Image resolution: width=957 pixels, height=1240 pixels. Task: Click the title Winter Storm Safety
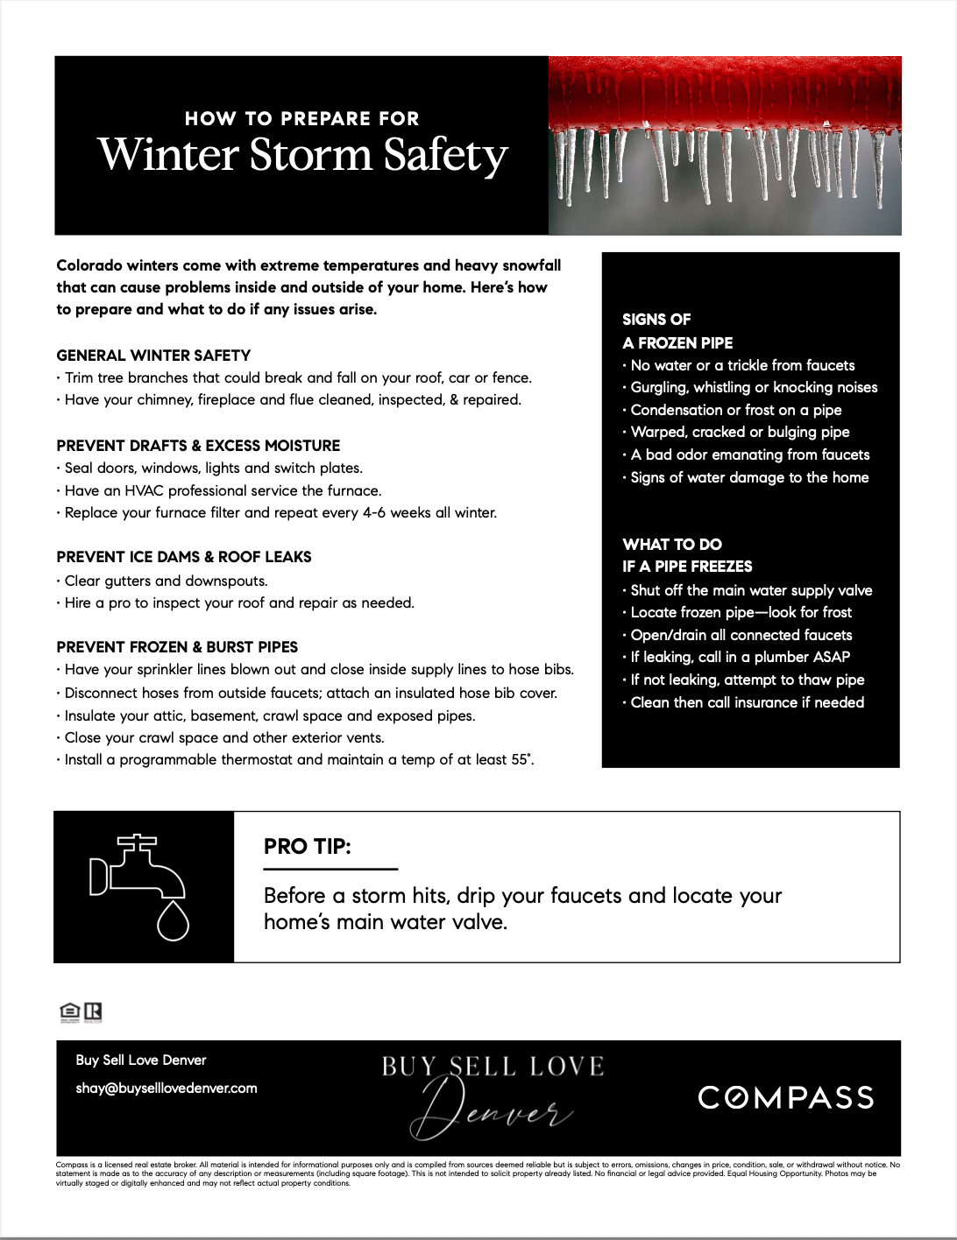point(302,155)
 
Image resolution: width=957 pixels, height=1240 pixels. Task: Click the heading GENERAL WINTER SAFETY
point(153,356)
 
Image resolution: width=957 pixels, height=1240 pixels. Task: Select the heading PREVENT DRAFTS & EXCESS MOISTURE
point(198,446)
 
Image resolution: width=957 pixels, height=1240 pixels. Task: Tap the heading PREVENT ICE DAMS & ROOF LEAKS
point(184,557)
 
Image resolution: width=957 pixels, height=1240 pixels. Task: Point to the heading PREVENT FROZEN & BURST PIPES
point(177,647)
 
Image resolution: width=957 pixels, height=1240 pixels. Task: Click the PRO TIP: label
point(308,847)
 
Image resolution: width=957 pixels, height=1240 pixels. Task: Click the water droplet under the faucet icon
point(173,922)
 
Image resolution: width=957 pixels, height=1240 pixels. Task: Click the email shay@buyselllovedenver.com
point(167,1089)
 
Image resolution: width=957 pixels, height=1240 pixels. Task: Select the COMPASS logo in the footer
point(786,1098)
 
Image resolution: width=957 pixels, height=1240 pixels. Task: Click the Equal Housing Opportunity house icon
point(70,1012)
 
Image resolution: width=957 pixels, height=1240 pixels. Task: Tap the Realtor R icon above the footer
point(93,1012)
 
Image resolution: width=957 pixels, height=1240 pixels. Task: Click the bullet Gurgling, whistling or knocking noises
point(754,388)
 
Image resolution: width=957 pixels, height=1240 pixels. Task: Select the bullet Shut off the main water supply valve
point(751,591)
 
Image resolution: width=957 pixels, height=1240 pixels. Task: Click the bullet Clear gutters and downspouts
point(166,581)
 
